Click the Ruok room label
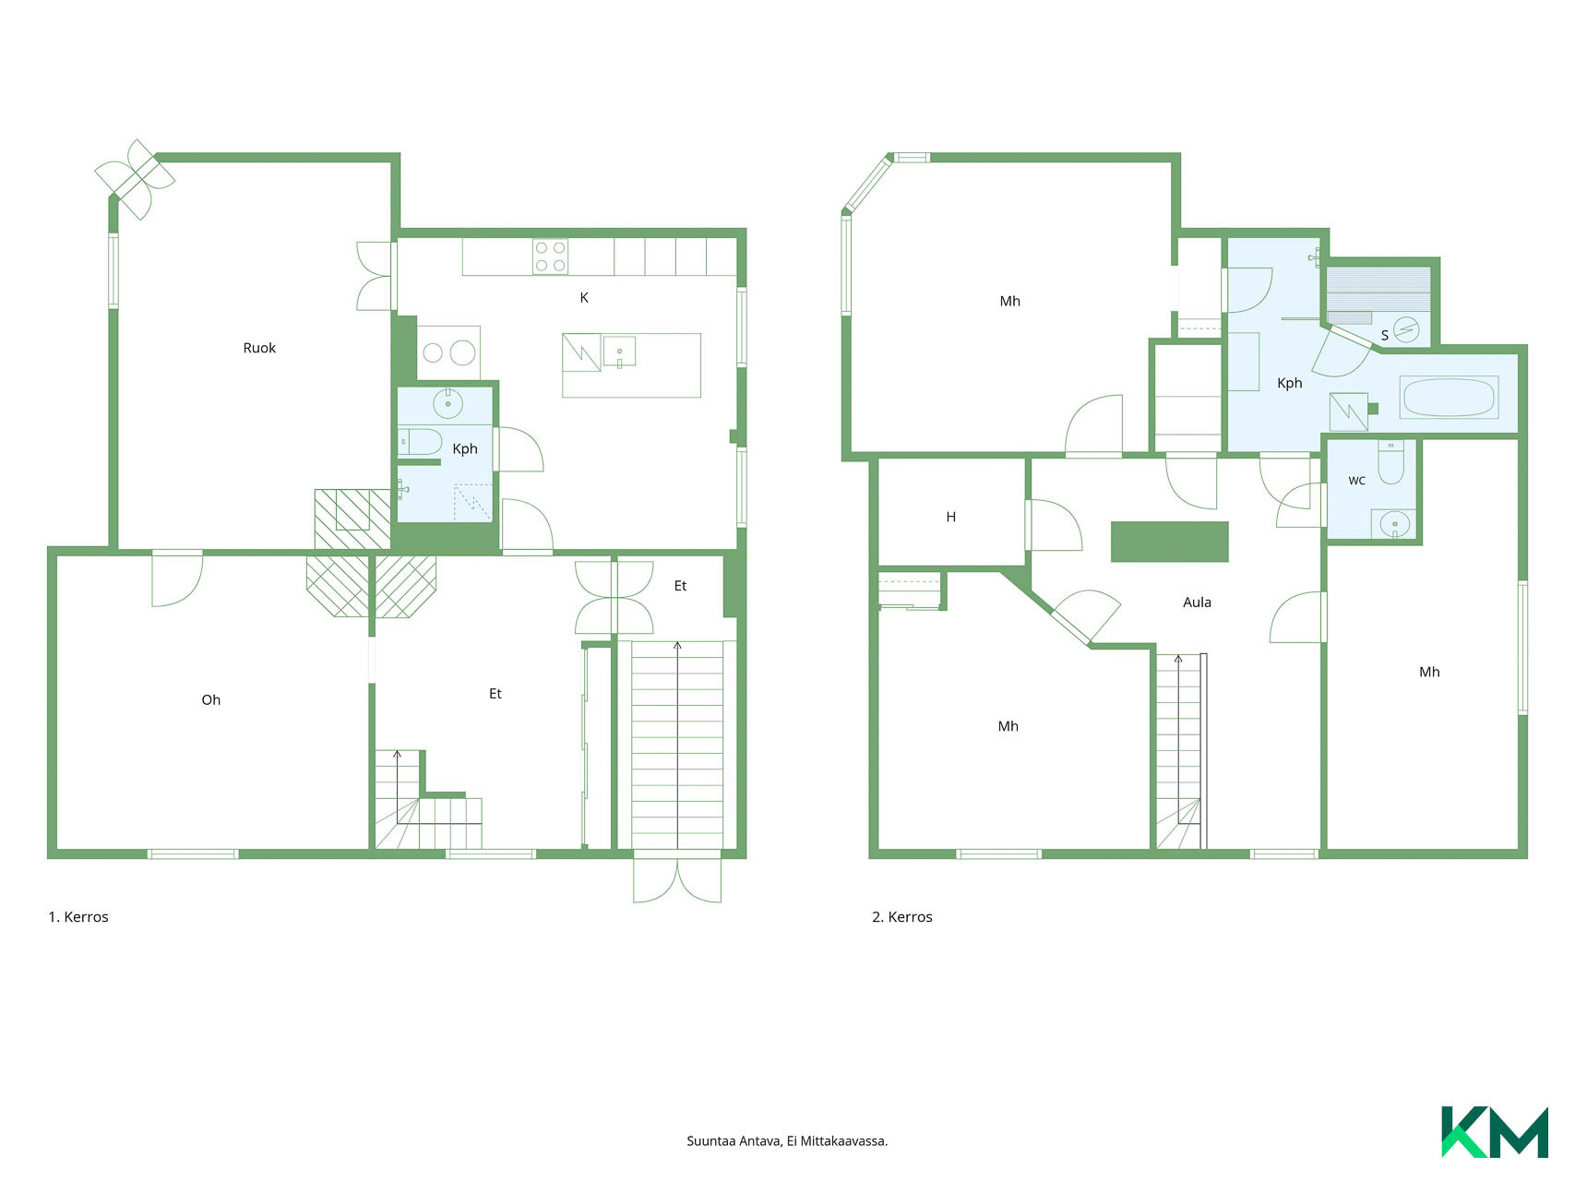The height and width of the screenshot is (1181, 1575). (x=259, y=348)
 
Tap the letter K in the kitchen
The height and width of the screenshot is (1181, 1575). (x=584, y=297)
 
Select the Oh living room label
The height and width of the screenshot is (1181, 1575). (x=210, y=699)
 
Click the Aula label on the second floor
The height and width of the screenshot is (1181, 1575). (x=1197, y=602)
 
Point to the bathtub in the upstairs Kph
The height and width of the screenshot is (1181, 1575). (x=1449, y=398)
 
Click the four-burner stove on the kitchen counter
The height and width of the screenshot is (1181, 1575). (x=550, y=256)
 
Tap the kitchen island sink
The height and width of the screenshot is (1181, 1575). (x=620, y=352)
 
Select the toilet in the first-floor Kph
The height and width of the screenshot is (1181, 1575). (x=420, y=441)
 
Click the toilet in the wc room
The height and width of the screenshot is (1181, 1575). (x=1390, y=461)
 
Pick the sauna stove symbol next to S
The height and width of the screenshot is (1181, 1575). (x=1406, y=329)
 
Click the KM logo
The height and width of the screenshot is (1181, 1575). (x=1495, y=1131)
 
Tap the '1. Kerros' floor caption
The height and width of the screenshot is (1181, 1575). (x=78, y=917)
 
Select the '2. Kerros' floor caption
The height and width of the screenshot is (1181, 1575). (x=902, y=917)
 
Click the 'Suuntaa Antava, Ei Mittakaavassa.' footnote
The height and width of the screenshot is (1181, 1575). (x=787, y=1141)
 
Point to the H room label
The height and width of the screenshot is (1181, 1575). (x=951, y=517)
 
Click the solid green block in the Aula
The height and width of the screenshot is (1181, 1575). (x=1170, y=542)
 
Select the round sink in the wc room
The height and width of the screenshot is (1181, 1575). (x=1394, y=524)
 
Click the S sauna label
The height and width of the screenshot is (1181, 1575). (x=1385, y=335)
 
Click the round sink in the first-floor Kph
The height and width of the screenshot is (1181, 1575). (x=447, y=403)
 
